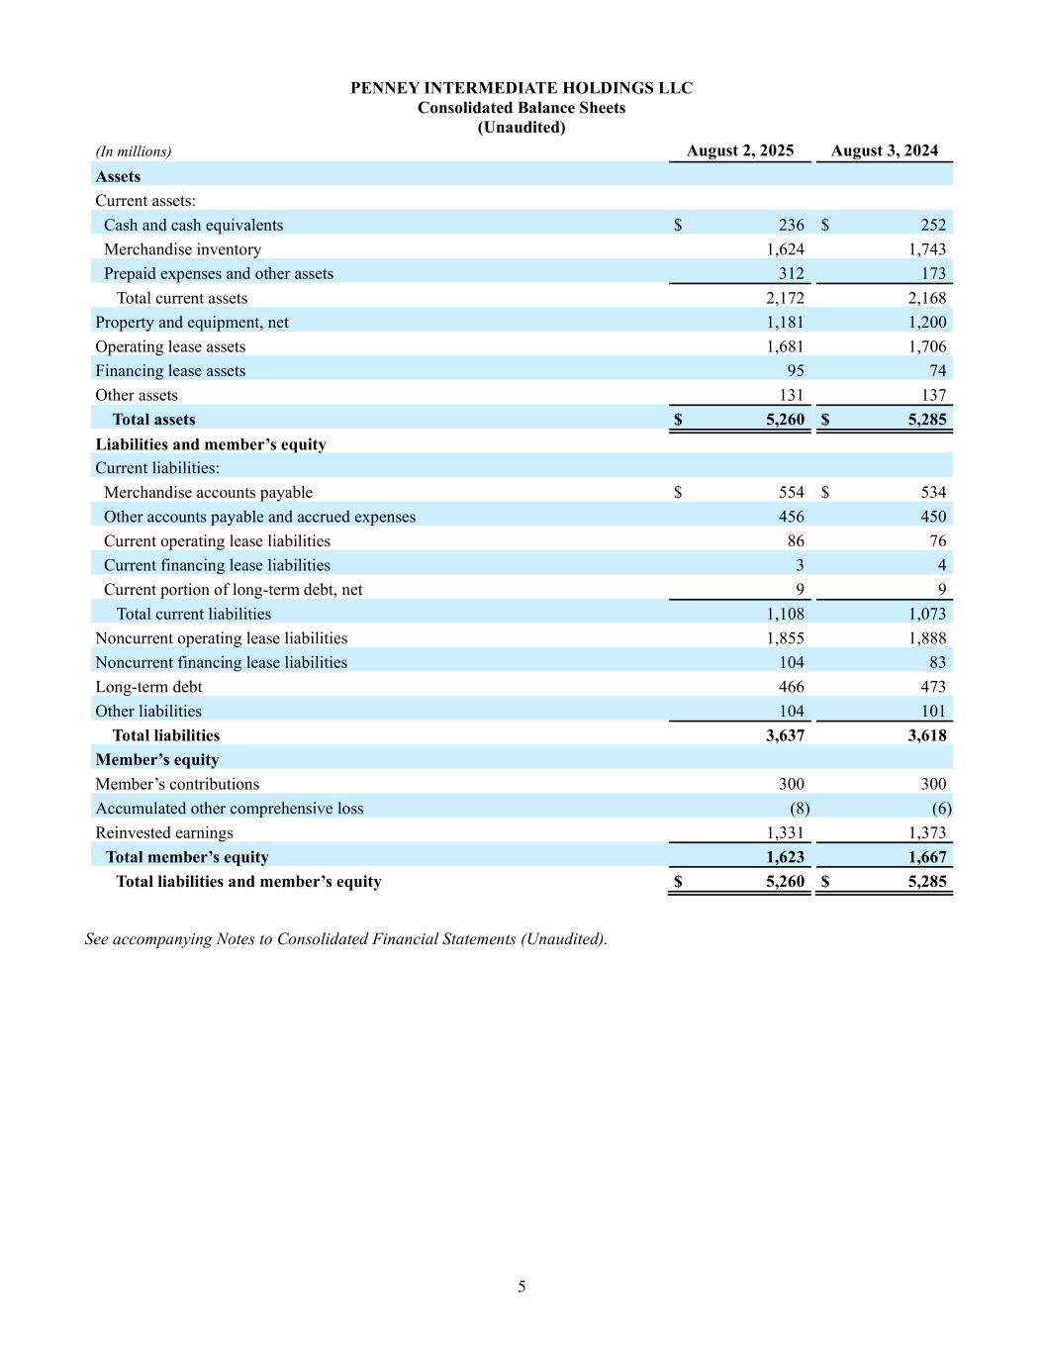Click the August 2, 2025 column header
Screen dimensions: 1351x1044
pos(739,150)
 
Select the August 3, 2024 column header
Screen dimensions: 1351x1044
pos(884,150)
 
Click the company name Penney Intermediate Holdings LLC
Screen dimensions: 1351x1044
pos(522,88)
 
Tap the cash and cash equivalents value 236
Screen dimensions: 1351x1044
pos(791,225)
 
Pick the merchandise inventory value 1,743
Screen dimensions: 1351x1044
pos(927,249)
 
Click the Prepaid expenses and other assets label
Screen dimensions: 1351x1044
pos(219,273)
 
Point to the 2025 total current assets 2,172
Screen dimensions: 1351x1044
pos(785,298)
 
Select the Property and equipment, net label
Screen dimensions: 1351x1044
pos(192,322)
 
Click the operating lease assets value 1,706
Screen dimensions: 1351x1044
pos(927,346)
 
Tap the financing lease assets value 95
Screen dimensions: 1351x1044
pos(795,370)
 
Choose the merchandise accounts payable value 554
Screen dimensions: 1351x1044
pos(791,492)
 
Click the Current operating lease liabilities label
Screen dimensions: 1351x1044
pos(217,540)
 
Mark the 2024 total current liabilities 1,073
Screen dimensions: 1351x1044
pos(927,614)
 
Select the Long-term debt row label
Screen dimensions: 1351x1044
pos(148,686)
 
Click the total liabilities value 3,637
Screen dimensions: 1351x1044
pos(785,735)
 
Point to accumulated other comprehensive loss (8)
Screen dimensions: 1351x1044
pos(799,808)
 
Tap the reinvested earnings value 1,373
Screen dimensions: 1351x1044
pos(927,832)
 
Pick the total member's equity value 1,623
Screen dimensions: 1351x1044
pos(785,857)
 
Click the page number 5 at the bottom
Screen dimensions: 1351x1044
pos(522,1287)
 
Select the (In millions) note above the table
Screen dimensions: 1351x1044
pos(134,151)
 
